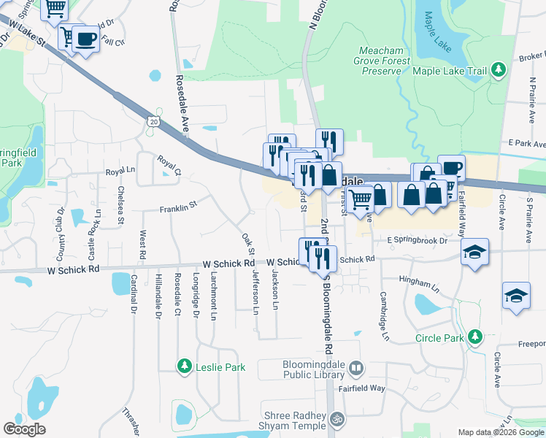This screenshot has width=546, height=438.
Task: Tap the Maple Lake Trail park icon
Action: [499, 71]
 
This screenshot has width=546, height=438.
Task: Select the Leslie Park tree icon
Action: [185, 365]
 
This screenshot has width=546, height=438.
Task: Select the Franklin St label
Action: [179, 207]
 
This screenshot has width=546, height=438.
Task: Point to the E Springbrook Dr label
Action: [417, 239]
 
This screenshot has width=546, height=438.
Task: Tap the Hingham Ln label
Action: [418, 279]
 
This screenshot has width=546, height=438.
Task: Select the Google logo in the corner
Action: [24, 429]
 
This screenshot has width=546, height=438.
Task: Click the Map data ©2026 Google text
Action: [501, 432]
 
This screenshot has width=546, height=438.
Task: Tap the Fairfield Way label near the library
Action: [366, 388]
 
